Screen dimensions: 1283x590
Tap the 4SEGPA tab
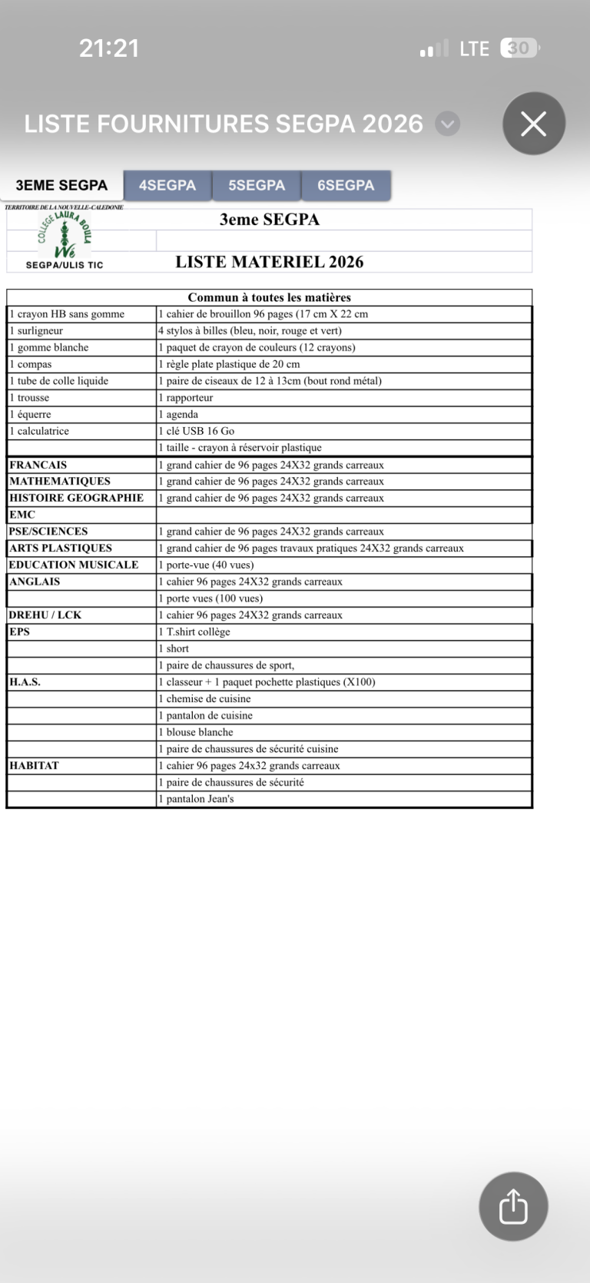(x=167, y=185)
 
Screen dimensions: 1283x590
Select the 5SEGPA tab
(x=257, y=185)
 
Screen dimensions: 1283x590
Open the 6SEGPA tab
(x=346, y=185)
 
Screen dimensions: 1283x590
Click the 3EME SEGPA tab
(x=61, y=185)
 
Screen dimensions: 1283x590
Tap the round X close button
(x=534, y=124)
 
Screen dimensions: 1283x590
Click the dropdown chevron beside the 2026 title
(x=448, y=124)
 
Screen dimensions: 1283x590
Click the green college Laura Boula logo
(x=65, y=235)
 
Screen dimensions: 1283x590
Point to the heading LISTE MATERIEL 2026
(x=269, y=262)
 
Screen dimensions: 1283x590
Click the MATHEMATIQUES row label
(x=60, y=481)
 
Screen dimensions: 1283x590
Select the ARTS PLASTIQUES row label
(x=61, y=548)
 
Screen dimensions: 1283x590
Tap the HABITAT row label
(x=34, y=765)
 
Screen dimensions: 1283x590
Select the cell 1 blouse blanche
(x=196, y=732)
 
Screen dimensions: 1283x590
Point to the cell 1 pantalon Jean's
(x=197, y=799)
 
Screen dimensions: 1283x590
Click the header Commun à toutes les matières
(x=269, y=297)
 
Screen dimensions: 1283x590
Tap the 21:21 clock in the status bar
(x=109, y=48)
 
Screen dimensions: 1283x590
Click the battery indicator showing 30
(x=519, y=48)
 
